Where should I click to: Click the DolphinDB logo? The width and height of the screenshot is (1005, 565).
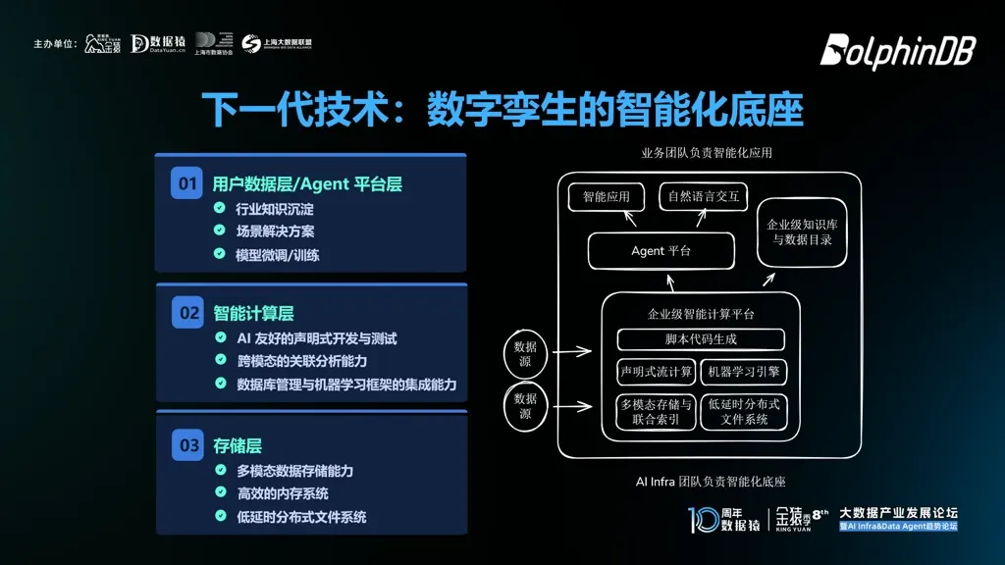897,52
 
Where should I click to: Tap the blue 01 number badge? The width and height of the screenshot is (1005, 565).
186,183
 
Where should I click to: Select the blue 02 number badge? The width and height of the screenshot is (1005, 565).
186,314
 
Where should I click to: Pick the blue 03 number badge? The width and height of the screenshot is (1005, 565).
186,445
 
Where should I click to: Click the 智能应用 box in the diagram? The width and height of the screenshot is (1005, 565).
606,197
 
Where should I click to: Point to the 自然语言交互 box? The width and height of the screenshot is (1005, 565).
703,197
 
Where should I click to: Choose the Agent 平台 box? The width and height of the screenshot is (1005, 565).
661,251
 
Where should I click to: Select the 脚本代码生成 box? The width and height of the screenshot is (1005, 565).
701,339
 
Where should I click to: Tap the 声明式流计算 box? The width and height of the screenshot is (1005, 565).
657,372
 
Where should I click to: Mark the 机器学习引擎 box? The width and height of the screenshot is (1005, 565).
744,372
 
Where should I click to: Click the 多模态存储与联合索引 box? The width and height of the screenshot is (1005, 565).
657,412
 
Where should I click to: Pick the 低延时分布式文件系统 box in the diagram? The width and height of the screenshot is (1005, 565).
744,412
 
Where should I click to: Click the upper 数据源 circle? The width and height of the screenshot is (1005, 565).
525,354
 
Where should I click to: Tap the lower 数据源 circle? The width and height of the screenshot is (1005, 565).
525,406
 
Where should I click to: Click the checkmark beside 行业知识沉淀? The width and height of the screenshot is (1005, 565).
220,209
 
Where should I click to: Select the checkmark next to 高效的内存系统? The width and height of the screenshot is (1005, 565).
220,493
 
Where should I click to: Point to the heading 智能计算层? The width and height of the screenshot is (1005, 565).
253,314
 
